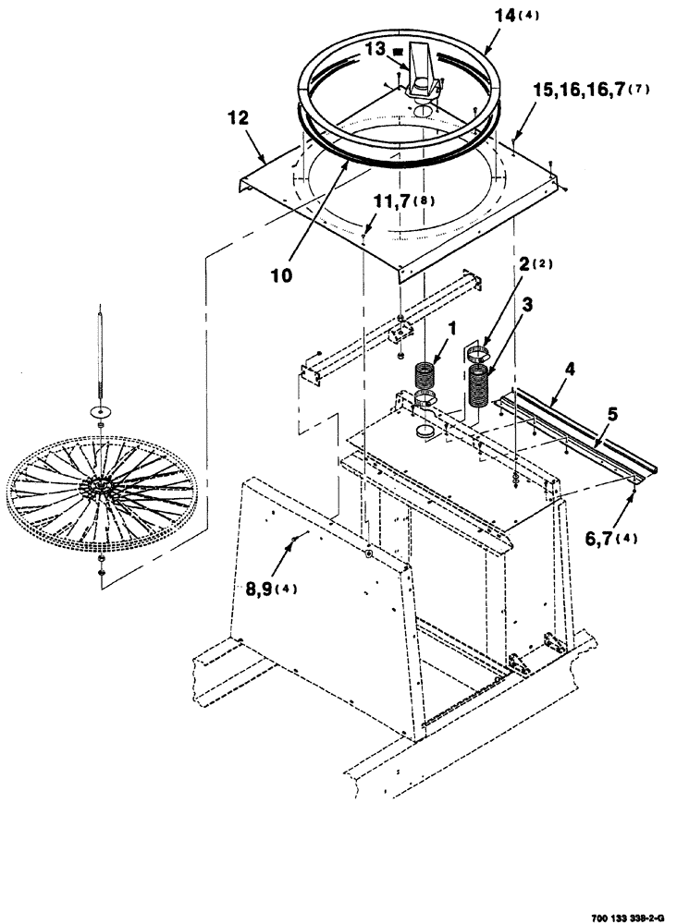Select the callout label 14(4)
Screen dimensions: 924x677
pyautogui.click(x=512, y=17)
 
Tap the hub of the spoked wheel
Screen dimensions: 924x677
pyautogui.click(x=98, y=484)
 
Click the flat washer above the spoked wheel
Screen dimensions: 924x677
pyautogui.click(x=98, y=410)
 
